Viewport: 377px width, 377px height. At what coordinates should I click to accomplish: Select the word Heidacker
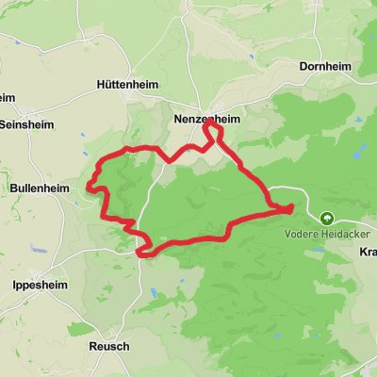tap(338, 231)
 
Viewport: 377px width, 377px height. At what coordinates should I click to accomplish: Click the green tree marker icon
tap(327, 216)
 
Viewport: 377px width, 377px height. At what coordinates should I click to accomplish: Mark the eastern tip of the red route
tap(291, 206)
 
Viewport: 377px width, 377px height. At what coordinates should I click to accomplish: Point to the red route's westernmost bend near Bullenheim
tap(91, 186)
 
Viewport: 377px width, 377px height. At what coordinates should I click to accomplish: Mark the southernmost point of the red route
tap(144, 253)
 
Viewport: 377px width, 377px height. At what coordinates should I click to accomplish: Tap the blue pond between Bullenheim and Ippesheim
tap(34, 250)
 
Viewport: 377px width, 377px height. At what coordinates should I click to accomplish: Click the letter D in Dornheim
tap(303, 67)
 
